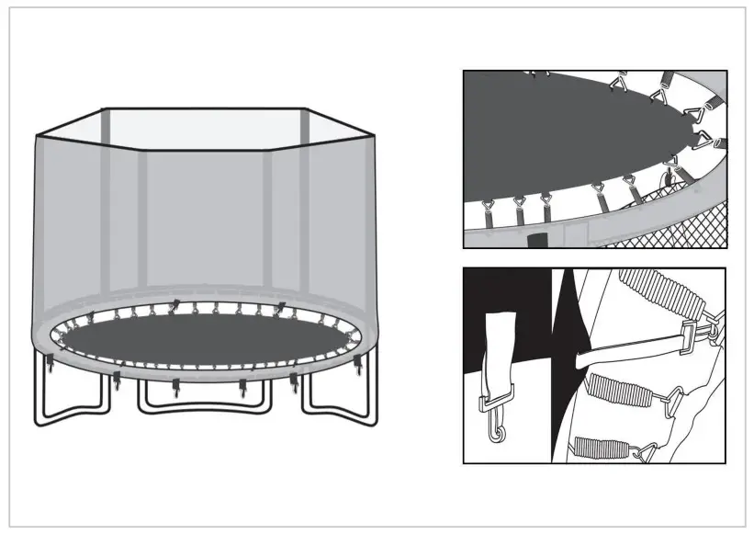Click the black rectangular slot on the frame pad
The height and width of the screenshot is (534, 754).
click(537, 240)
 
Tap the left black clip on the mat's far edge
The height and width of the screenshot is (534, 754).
click(174, 302)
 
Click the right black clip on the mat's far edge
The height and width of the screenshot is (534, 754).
click(281, 305)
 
